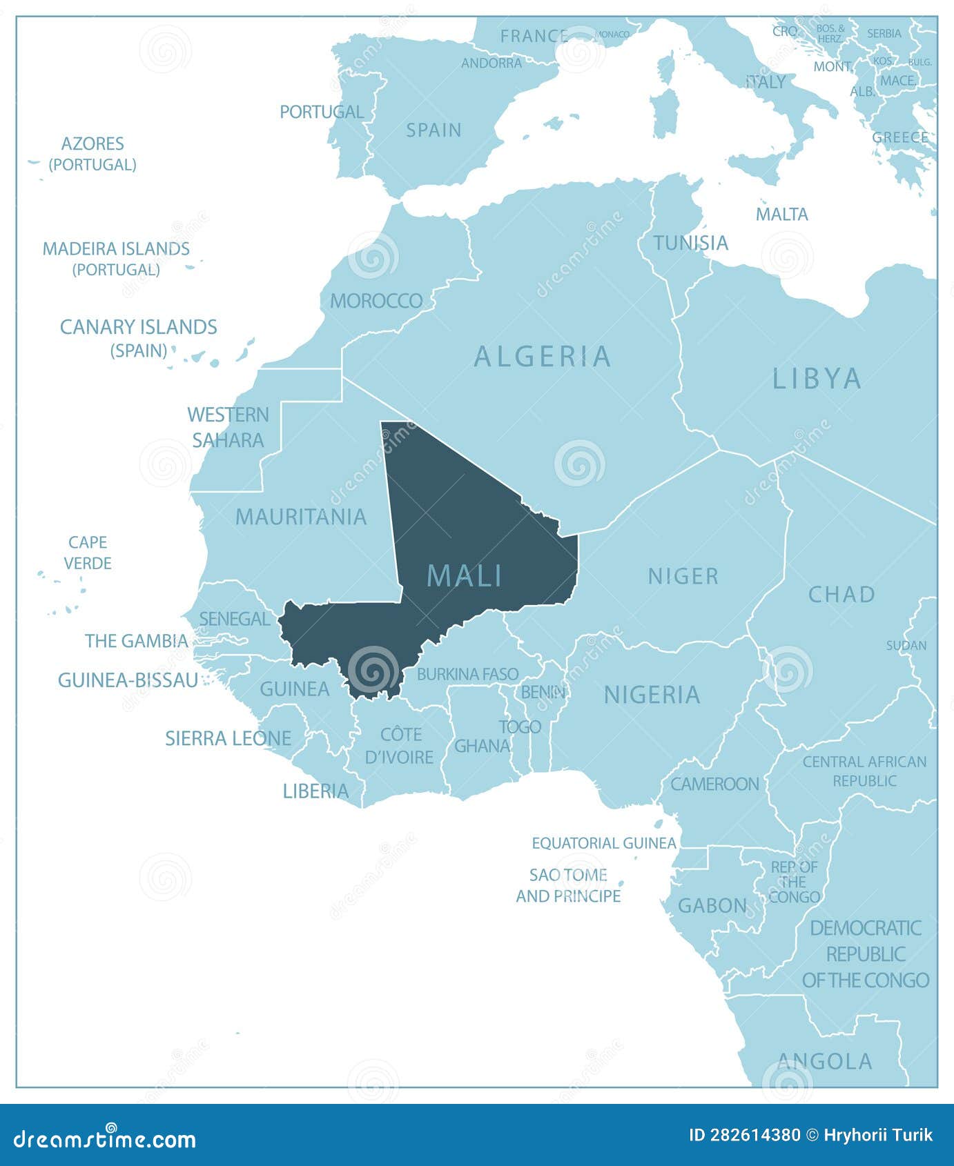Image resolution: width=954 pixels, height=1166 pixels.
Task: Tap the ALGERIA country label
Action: pyautogui.click(x=543, y=357)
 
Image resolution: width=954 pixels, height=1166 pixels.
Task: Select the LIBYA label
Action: pyautogui.click(x=817, y=379)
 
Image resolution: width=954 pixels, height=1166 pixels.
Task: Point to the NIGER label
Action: pyautogui.click(x=683, y=576)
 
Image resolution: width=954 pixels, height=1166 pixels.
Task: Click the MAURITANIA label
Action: pyautogui.click(x=301, y=517)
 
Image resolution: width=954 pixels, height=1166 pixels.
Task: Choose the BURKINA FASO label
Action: pyautogui.click(x=467, y=674)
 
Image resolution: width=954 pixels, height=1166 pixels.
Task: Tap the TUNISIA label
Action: pyautogui.click(x=690, y=243)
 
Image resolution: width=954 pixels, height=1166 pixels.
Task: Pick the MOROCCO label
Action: pyautogui.click(x=376, y=301)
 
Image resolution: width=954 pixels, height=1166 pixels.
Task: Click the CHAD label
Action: pyautogui.click(x=841, y=594)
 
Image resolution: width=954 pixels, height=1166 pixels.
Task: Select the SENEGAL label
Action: pyautogui.click(x=235, y=619)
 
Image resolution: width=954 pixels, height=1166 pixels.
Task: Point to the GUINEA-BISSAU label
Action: pyautogui.click(x=128, y=680)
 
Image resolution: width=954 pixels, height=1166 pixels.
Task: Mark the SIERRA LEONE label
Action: pyautogui.click(x=228, y=738)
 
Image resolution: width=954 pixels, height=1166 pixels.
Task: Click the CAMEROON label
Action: pyautogui.click(x=714, y=784)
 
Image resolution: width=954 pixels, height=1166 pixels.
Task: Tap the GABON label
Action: pyautogui.click(x=712, y=905)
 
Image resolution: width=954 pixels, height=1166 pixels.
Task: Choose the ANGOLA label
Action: pyautogui.click(x=824, y=1061)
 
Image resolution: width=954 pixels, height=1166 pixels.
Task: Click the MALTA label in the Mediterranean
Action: pyautogui.click(x=781, y=215)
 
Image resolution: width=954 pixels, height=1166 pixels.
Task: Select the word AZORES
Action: pyautogui.click(x=93, y=144)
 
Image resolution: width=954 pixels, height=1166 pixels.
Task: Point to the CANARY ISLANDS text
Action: pyautogui.click(x=138, y=327)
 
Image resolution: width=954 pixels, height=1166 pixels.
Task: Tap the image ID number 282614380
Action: pyautogui.click(x=754, y=1135)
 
